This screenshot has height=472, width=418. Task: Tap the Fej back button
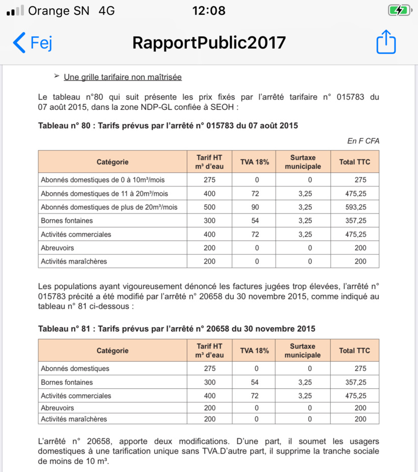pos(33,42)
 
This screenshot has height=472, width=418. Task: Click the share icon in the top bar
pos(386,42)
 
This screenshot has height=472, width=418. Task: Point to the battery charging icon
pos(399,10)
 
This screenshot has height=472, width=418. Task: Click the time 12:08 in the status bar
pos(209,10)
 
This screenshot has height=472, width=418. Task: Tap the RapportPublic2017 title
pos(209,42)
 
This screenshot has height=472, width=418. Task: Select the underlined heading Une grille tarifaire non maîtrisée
pos(122,77)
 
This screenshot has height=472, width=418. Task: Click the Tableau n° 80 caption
pos(168,125)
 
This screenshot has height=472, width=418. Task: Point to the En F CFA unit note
pos(363,141)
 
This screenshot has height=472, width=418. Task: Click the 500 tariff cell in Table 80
pos(209,207)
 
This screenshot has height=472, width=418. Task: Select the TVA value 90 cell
pos(257,207)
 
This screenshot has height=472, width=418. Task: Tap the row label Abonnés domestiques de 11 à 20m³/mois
pos(104,194)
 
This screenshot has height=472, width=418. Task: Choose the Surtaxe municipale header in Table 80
pos(303,162)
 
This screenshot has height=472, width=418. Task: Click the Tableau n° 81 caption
pos(177,328)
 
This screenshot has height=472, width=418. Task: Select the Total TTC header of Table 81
pos(355,350)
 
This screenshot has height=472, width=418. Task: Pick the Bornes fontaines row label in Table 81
pos(67,382)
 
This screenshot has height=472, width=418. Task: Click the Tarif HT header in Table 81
pos(209,350)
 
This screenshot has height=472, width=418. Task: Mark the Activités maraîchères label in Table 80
pos(74,261)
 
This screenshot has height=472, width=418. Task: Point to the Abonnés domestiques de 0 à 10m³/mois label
pos(103,180)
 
